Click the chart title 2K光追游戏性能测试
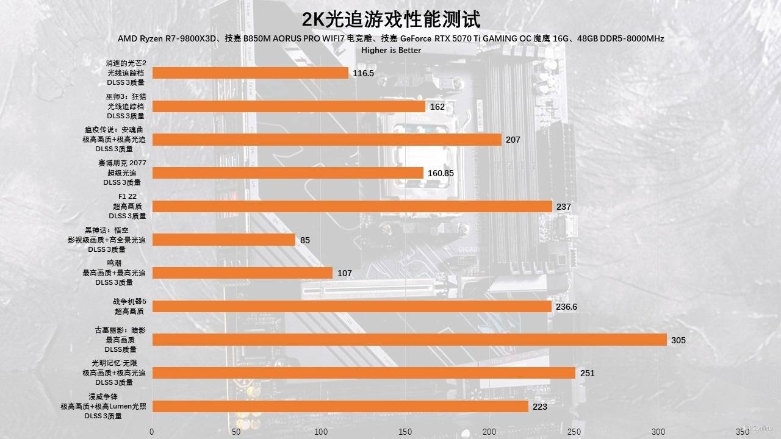(390, 19)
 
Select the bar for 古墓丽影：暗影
(409, 340)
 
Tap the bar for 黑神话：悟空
(223, 240)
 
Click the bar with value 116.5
(250, 73)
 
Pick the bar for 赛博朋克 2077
(287, 173)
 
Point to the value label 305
(678, 340)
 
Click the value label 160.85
(441, 173)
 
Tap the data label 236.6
(566, 307)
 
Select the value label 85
(305, 240)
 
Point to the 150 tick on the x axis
(405, 432)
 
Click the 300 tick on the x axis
(658, 432)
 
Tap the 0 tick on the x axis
(152, 432)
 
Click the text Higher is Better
(391, 50)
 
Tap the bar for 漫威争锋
(340, 407)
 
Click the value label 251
(586, 373)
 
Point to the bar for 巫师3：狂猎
(289, 107)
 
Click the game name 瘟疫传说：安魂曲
(114, 130)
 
